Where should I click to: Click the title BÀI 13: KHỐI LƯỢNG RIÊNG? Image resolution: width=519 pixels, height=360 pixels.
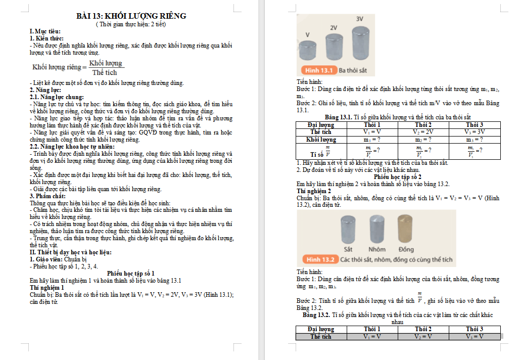131,16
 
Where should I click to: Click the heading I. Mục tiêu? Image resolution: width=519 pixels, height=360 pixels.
44,31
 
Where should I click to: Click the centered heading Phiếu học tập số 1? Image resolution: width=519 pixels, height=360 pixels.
131,273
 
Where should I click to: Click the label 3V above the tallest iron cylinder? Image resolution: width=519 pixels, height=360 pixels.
359,19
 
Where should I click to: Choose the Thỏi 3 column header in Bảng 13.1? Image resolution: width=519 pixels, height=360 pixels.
474,124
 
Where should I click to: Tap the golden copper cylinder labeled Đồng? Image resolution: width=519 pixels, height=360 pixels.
406,229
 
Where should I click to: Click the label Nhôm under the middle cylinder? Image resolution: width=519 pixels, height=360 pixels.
376,249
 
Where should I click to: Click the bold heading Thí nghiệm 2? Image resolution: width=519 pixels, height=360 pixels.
313,191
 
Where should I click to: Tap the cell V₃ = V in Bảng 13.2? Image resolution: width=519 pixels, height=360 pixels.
474,336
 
